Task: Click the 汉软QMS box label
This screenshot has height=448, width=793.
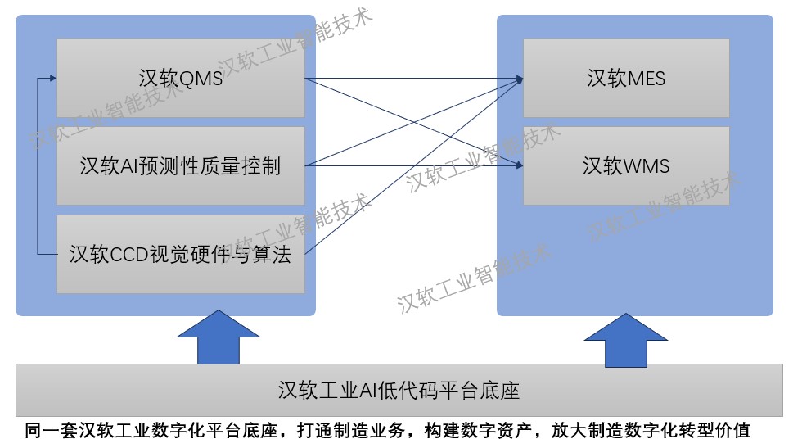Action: pos(181,79)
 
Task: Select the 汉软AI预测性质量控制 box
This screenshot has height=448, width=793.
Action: pos(181,165)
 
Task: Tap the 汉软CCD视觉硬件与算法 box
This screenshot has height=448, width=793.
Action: pos(181,254)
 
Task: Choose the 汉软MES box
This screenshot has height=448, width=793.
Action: pos(626,79)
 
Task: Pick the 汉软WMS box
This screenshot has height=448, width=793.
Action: pos(626,165)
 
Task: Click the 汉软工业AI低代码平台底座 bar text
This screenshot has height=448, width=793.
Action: pos(399,391)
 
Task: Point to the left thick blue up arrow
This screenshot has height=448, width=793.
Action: pos(219,337)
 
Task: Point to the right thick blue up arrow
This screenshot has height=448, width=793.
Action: pos(626,340)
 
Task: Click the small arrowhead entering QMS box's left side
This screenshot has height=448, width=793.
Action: pos(54,78)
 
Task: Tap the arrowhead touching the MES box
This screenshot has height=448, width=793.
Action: pos(520,79)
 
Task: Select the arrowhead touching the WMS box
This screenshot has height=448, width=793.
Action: pos(520,165)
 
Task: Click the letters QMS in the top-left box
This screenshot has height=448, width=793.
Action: pos(201,79)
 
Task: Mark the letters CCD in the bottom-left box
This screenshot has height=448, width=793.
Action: pos(129,254)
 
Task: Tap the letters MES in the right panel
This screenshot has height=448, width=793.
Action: pos(646,79)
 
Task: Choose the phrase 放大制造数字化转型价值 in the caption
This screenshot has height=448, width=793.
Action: pos(651,431)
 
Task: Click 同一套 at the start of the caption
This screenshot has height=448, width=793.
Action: pos(51,431)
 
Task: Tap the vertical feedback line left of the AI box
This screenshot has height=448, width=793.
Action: pos(38,166)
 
